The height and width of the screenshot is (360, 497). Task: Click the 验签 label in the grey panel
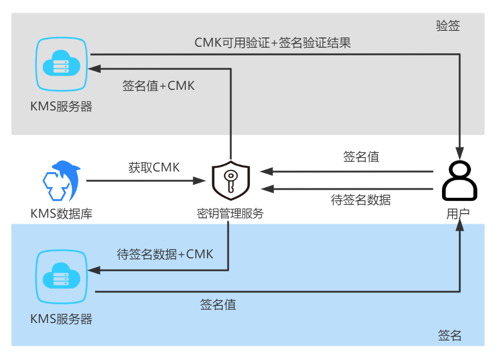coord(448,27)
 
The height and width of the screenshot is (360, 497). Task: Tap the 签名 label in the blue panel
coord(450,335)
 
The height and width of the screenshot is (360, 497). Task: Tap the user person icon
coord(460,181)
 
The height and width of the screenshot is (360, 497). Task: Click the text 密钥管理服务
coord(230,213)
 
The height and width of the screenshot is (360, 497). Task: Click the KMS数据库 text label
coord(62,213)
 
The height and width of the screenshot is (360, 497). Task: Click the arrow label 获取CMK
coord(154,167)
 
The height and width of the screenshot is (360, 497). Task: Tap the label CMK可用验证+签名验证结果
coord(272,43)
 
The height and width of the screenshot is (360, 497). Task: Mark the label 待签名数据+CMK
coord(165,254)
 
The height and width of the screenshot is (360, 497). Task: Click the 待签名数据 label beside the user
coord(361,200)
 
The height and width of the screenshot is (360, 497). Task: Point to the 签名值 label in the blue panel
coord(218,305)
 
